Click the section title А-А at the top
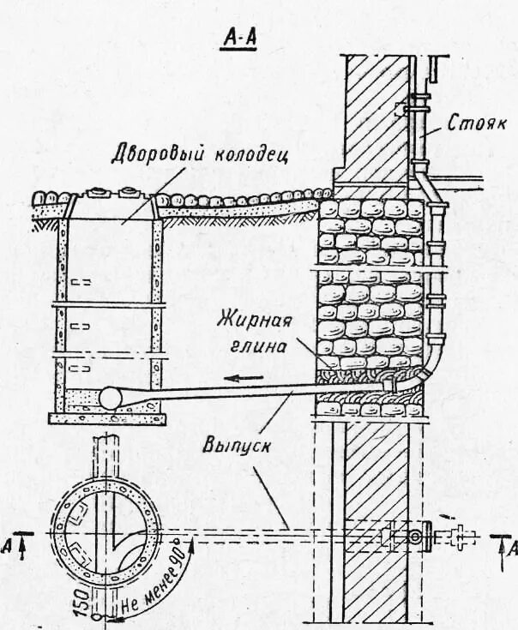(240, 39)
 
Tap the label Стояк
(478, 123)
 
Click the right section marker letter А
(511, 547)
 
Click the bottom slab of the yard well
(105, 418)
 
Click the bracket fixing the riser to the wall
(401, 111)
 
